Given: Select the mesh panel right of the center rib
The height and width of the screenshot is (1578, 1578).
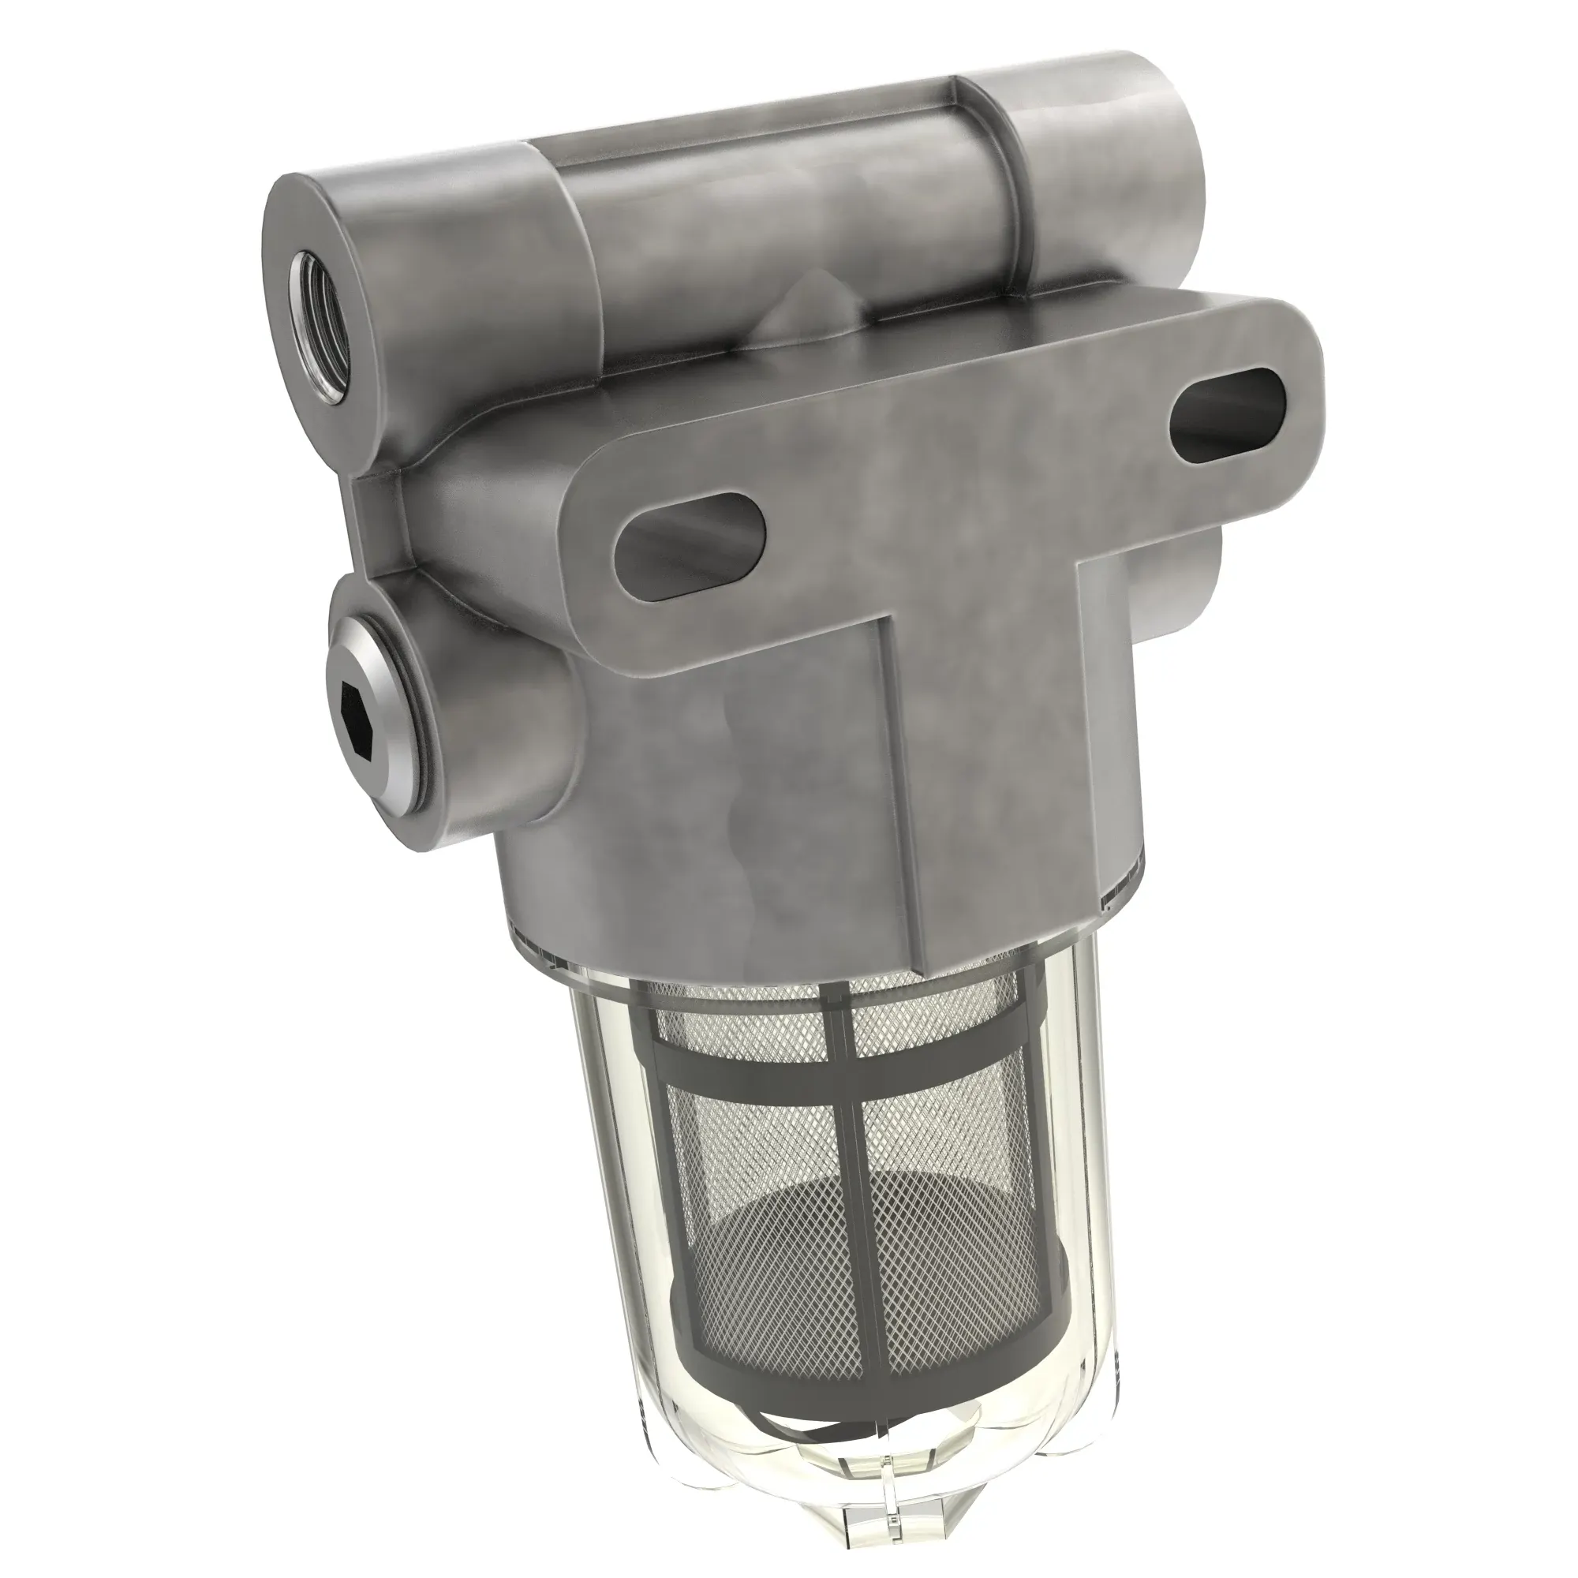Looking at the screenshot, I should click(x=948, y=1209).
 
